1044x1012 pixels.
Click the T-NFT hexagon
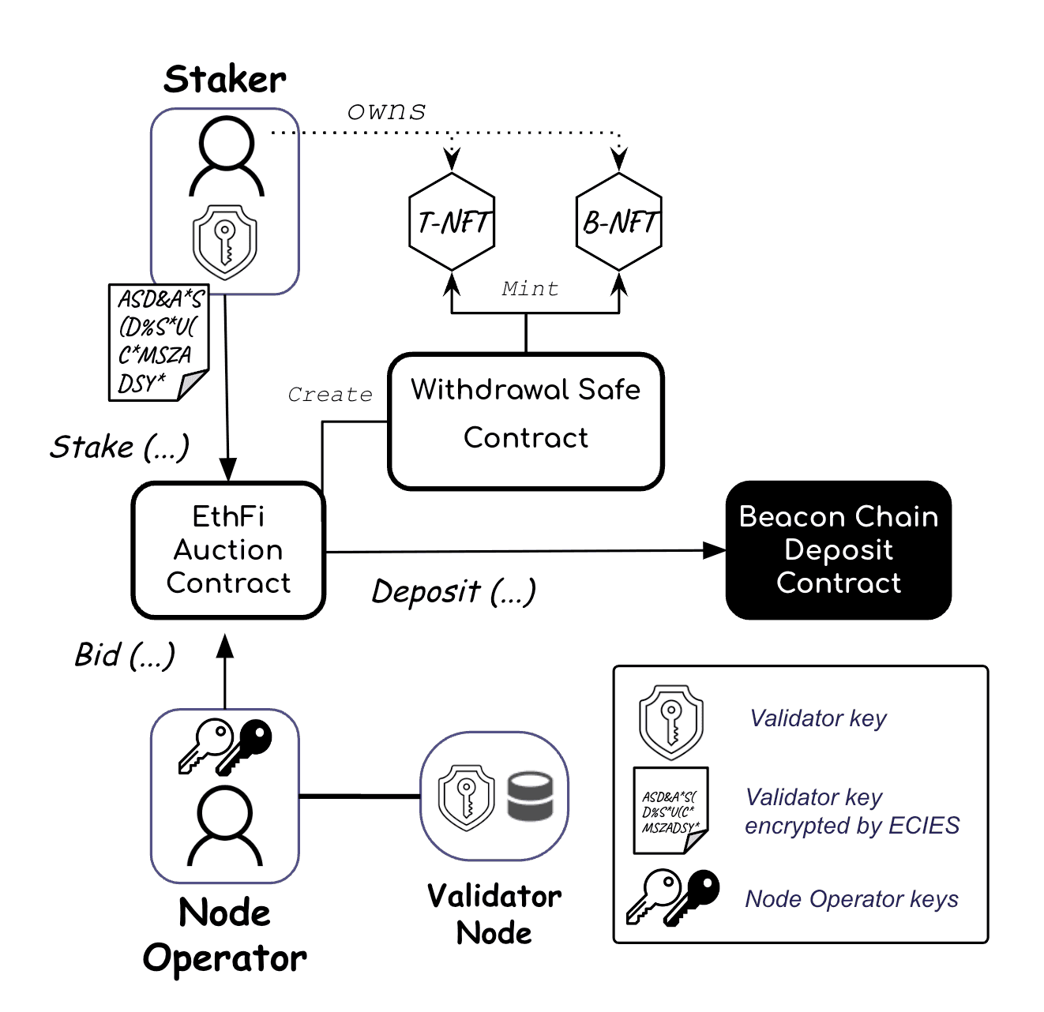[x=452, y=222]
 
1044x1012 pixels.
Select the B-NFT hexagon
[x=619, y=222]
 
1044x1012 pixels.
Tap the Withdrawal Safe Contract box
[x=526, y=421]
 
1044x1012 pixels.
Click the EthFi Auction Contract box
[x=228, y=549]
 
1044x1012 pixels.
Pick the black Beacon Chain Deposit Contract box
[x=838, y=549]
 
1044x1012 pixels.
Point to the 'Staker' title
[x=225, y=80]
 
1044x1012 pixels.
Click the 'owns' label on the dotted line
[x=386, y=111]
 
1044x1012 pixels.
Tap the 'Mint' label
[x=530, y=289]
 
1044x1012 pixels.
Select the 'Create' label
[x=329, y=395]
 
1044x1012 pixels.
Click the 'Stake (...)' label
[x=120, y=447]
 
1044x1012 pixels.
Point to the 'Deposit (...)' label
[x=453, y=591]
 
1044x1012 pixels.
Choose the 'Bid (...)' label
[x=125, y=655]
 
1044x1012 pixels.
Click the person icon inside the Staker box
[x=227, y=156]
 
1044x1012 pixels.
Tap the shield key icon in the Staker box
[x=225, y=242]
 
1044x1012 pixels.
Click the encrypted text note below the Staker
[x=158, y=342]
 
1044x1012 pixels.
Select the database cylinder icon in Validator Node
[x=529, y=796]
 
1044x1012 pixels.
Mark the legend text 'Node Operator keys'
[x=851, y=899]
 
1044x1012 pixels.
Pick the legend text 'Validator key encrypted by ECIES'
[x=851, y=811]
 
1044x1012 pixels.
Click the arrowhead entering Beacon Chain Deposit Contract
[x=714, y=550]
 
